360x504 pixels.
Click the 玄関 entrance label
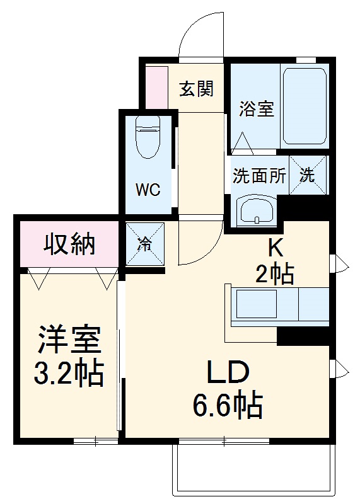195,89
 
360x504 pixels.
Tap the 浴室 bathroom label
256,109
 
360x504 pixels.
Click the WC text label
149,190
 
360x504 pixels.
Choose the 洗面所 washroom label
259,176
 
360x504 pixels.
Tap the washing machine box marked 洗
308,175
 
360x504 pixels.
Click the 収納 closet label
69,243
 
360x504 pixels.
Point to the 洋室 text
69,341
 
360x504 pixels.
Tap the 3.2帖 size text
69,374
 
